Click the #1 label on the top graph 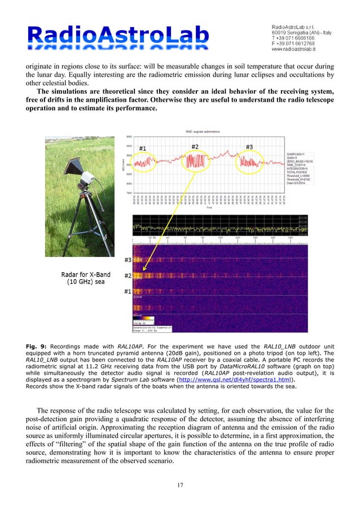143,149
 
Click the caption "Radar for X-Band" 85,276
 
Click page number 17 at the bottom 180,484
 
